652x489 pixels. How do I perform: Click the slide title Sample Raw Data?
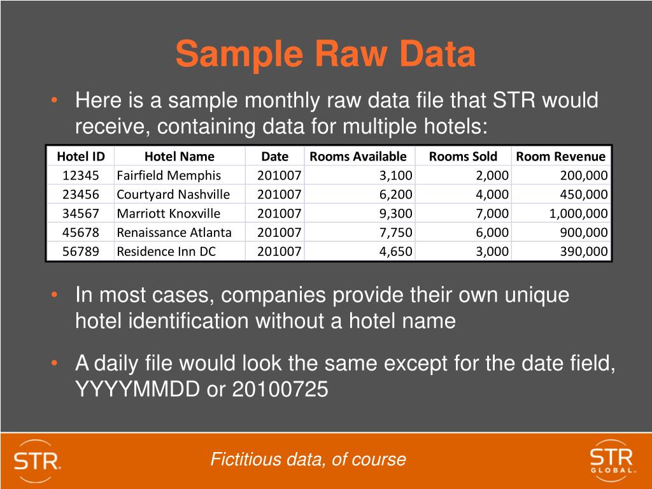tap(325, 54)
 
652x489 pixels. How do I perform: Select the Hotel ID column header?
tap(80, 157)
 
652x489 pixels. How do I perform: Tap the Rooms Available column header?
tap(358, 157)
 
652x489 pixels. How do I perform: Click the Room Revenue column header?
tap(560, 157)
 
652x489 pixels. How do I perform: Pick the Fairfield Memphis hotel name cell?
tap(169, 176)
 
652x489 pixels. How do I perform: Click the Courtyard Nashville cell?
tap(173, 194)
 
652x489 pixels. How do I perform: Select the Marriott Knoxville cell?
tap(169, 213)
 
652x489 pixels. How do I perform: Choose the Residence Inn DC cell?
tap(166, 252)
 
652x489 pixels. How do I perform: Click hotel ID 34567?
tap(80, 213)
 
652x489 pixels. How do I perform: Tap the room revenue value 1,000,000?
tap(578, 213)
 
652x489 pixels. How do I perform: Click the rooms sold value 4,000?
tap(492, 194)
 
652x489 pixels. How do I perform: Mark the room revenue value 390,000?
tap(584, 252)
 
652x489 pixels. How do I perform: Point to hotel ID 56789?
tap(80, 252)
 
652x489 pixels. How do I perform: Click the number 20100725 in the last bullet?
tap(280, 388)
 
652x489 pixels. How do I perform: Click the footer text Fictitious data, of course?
tap(308, 459)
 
